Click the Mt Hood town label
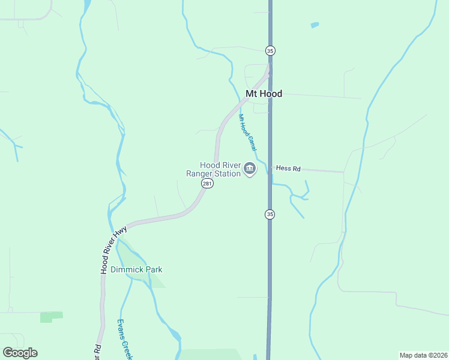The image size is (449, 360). pyautogui.click(x=264, y=94)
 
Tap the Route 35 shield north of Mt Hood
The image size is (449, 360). pyautogui.click(x=270, y=51)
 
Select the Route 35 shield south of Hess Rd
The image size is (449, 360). pyautogui.click(x=270, y=214)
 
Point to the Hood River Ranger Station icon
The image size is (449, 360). pyautogui.click(x=250, y=170)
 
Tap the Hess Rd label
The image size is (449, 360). pyautogui.click(x=288, y=169)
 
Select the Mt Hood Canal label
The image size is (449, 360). pyautogui.click(x=248, y=132)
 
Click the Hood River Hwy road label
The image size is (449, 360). pyautogui.click(x=113, y=250)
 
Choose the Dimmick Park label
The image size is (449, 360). pyautogui.click(x=137, y=269)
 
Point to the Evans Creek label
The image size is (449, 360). pyautogui.click(x=124, y=340)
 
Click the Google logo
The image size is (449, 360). pyautogui.click(x=20, y=353)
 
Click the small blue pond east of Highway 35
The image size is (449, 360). pyautogui.click(x=315, y=25)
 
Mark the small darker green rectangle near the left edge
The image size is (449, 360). pyautogui.click(x=51, y=316)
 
